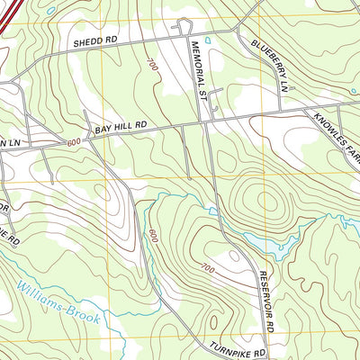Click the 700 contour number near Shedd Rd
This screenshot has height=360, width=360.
tap(150, 65)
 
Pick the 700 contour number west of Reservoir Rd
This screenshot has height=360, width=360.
tap(209, 269)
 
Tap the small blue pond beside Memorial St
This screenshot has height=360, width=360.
tap(208, 40)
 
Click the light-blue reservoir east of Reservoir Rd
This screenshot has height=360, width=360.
tap(274, 246)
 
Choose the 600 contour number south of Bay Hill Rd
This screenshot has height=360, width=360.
tap(153, 236)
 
